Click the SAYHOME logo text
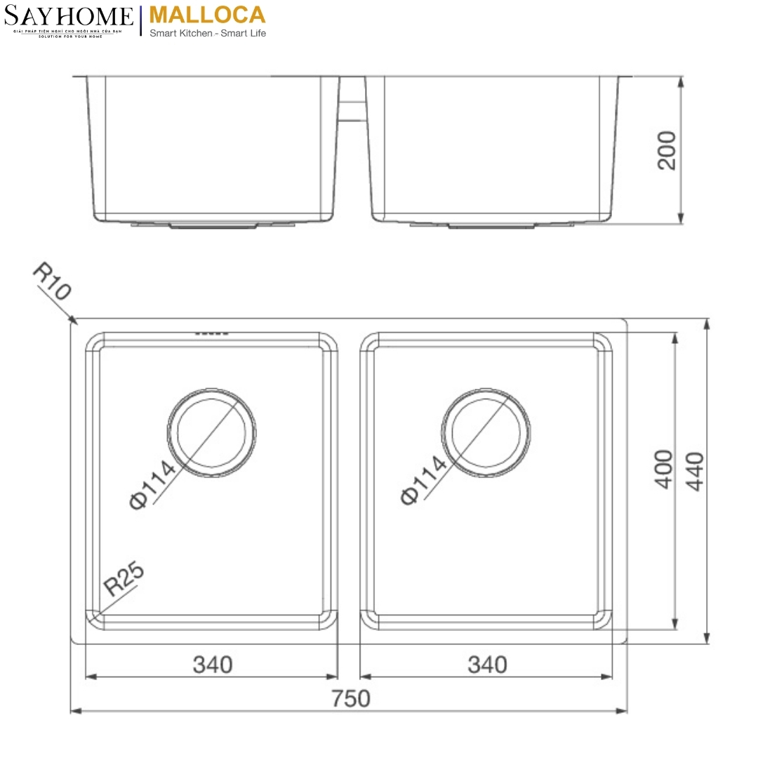pos(68,15)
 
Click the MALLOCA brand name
pos(208,14)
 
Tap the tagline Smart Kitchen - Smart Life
pos(208,33)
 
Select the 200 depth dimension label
pos(667,149)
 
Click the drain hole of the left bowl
pos(212,431)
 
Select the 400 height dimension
pos(663,469)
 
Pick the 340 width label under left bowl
pos(212,663)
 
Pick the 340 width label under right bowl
pos(486,663)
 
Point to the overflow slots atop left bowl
pos(212,333)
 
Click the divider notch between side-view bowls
pos(352,102)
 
